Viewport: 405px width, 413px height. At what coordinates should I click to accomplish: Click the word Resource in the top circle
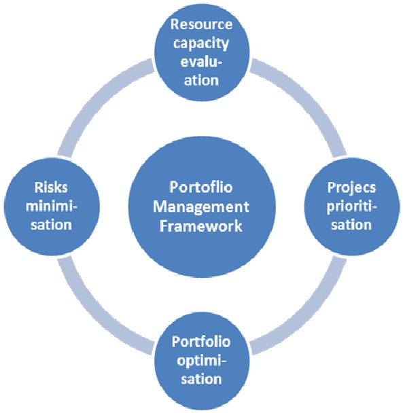coord(201,24)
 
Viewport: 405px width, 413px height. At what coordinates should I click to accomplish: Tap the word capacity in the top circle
coord(201,43)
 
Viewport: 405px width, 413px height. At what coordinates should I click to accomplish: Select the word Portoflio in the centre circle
coord(201,187)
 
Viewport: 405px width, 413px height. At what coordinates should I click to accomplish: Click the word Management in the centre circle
coord(201,206)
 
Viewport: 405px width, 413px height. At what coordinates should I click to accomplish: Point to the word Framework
coord(201,226)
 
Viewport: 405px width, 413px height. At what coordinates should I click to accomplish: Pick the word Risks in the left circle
coord(51,187)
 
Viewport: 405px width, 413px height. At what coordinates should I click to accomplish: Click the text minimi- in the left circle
coord(52,206)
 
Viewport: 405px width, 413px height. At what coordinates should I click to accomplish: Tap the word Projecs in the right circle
coord(351,188)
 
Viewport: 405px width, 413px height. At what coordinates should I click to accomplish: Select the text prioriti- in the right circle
coord(352,207)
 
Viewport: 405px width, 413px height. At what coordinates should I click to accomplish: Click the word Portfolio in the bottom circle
coord(201,342)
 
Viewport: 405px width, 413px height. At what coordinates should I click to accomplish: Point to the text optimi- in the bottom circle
coord(202,361)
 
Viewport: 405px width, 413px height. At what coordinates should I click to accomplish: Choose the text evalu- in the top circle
coord(201,62)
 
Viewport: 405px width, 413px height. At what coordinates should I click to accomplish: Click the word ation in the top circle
coord(201,80)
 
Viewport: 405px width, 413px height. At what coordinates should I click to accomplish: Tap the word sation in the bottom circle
coord(201,379)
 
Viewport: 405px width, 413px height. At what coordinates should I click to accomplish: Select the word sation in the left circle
coord(52,226)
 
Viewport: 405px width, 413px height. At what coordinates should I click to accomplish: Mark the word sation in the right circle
coord(351,226)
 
